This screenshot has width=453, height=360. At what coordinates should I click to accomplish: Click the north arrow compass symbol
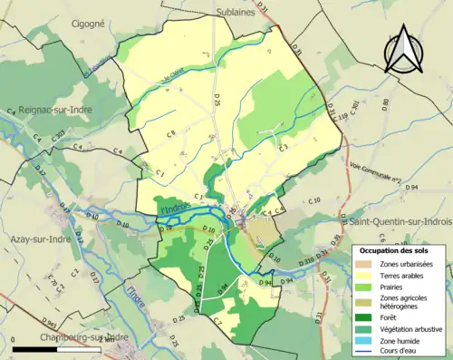click(x=402, y=50)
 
